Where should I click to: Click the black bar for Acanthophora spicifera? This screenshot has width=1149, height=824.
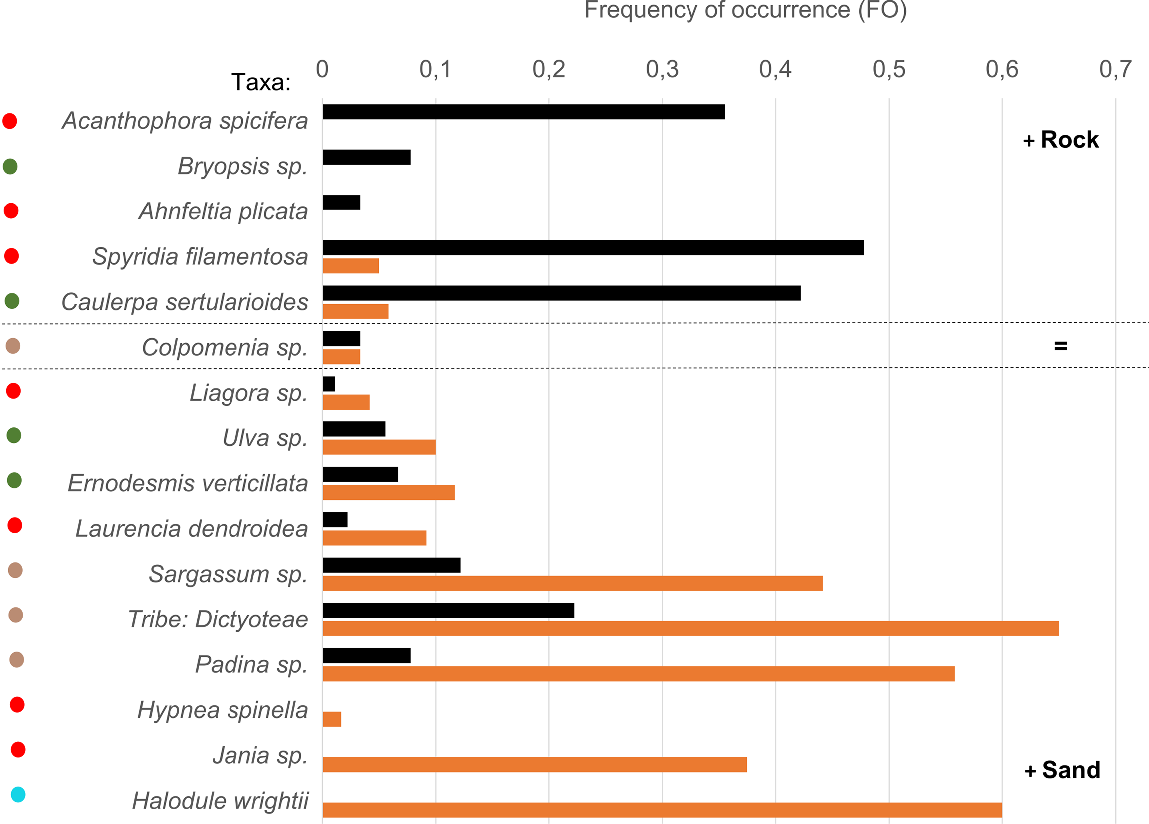tap(523, 112)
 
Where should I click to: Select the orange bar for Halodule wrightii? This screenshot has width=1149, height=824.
tap(662, 810)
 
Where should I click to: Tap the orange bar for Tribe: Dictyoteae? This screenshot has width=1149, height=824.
tap(690, 628)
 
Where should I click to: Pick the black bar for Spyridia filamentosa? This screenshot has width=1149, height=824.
tap(593, 248)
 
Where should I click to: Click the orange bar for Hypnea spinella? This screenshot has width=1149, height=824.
tap(332, 719)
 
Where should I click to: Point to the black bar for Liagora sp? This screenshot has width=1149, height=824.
tap(329, 384)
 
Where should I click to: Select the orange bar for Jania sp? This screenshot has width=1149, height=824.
tap(534, 765)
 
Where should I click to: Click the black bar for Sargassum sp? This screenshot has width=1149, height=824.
tap(392, 565)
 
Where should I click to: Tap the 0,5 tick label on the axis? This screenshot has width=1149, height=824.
tap(889, 69)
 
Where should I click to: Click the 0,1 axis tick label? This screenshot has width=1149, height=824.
tap(435, 69)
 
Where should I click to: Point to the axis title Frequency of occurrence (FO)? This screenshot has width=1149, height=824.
tap(745, 10)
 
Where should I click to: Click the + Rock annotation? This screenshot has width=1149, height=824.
tap(1061, 140)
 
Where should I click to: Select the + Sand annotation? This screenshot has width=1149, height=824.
tap(1062, 770)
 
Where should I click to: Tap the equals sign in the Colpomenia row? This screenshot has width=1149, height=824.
tap(1060, 346)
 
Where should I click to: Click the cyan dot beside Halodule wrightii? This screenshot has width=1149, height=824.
tap(18, 794)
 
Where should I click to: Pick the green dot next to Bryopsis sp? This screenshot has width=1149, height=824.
tap(10, 166)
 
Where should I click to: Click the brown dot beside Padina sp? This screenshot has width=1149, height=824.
tap(17, 660)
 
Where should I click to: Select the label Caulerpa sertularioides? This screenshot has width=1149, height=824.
tap(185, 302)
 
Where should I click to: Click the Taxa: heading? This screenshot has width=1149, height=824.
tap(261, 82)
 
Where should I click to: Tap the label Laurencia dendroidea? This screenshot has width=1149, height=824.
tap(192, 529)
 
